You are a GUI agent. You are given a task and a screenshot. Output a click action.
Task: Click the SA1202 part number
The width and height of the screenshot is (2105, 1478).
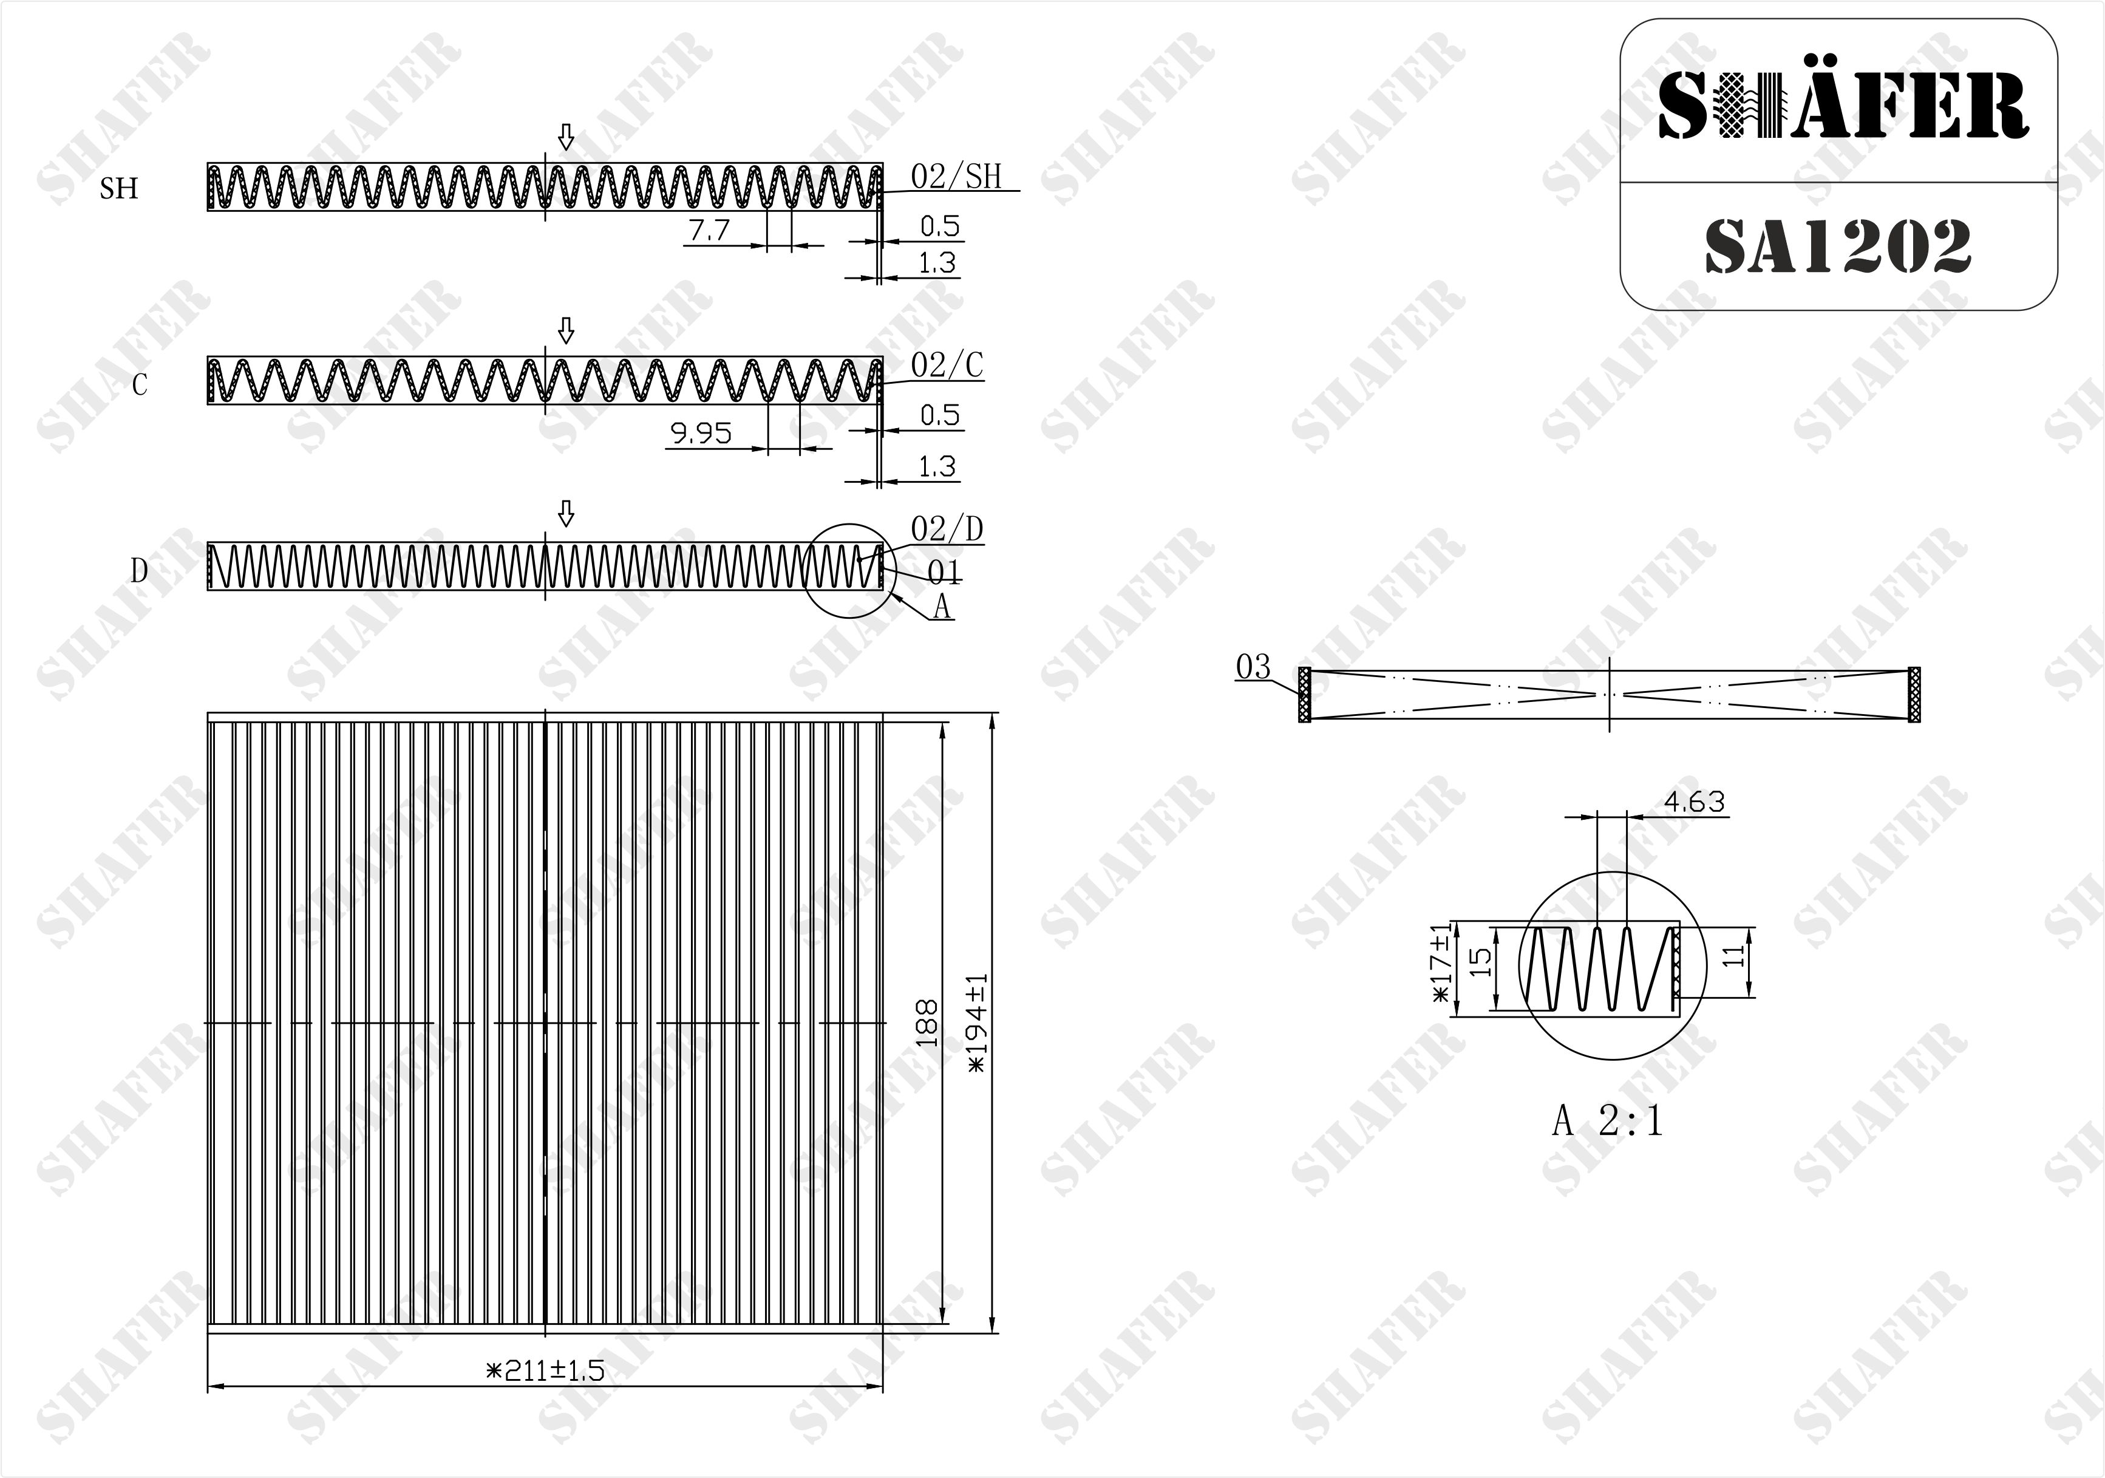[1838, 247]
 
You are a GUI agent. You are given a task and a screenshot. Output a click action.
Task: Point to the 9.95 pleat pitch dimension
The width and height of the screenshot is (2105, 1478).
[701, 433]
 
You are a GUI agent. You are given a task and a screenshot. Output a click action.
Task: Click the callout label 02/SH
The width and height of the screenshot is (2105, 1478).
[956, 176]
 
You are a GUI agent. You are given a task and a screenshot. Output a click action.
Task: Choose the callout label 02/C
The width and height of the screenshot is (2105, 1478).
[947, 365]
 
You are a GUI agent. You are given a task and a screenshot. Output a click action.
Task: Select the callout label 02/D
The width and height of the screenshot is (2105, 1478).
[947, 529]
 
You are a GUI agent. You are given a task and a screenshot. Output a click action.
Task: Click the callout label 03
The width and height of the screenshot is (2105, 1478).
[1253, 667]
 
